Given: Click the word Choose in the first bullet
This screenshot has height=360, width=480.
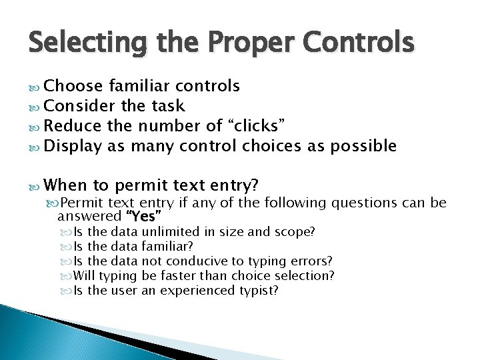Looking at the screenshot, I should click(73, 86).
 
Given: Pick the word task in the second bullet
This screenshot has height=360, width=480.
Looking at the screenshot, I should click(168, 106).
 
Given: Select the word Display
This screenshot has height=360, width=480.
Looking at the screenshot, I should click(73, 146).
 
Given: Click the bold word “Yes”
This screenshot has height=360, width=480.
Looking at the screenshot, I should click(143, 216).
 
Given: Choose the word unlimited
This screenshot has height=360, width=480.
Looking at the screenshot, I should click(170, 232).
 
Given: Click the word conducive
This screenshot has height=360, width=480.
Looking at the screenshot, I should click(196, 261).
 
